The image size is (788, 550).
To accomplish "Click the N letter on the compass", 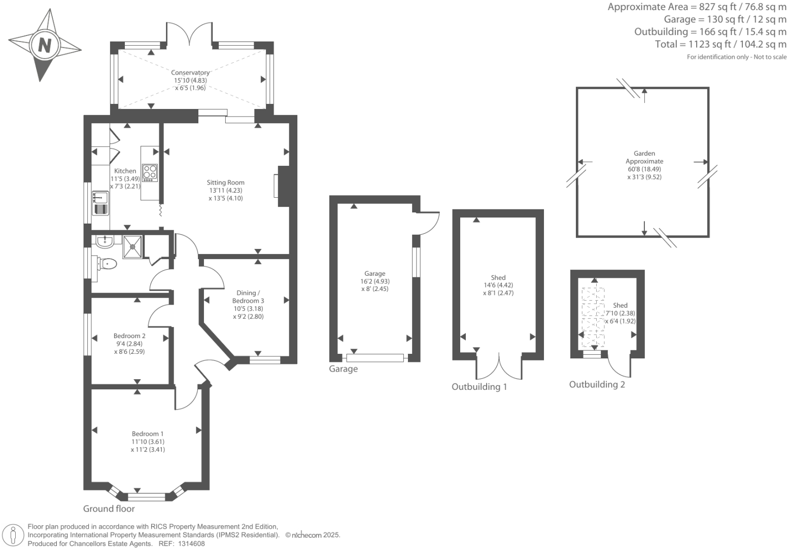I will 45,46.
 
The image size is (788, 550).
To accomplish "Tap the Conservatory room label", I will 190,72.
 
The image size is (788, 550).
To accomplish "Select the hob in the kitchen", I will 150,172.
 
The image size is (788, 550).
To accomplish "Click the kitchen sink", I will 100,203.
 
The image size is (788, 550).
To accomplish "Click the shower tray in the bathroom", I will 133,247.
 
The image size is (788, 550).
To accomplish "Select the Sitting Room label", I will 225,182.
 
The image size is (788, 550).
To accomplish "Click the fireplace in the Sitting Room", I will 282,186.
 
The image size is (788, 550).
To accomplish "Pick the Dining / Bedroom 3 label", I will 248,297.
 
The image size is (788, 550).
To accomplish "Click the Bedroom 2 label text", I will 129,336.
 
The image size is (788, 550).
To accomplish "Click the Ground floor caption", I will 109,508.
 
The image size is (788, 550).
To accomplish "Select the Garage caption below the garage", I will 343,369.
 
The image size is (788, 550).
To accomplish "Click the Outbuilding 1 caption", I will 479,387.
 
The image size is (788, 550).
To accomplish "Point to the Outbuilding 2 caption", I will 597,384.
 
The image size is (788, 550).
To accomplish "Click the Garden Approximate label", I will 644,157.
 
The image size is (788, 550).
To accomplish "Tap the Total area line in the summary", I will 721,44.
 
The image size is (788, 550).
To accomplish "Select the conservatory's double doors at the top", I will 190,34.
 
